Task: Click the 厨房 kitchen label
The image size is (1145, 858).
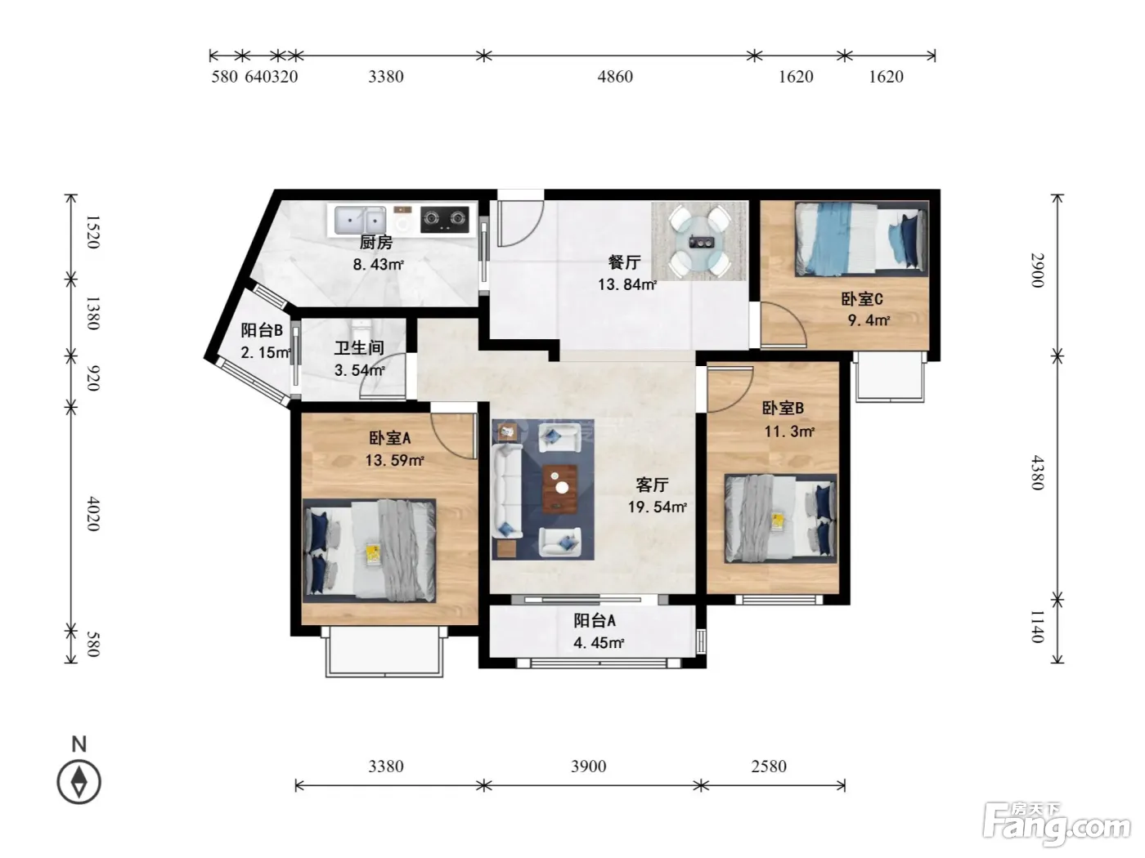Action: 375,242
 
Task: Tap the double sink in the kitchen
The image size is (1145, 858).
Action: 360,221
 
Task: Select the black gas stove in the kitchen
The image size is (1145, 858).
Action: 445,219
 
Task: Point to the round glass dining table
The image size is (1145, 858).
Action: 699,241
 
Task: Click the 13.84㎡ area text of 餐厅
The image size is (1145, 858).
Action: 627,284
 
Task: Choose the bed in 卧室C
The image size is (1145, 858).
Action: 861,239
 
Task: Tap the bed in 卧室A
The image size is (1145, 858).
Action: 370,551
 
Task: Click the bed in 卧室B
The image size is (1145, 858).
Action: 780,518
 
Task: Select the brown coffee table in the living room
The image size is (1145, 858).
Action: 559,489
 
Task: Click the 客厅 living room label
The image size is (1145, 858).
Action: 652,485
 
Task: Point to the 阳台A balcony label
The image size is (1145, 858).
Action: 595,620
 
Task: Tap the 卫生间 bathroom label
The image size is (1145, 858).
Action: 359,348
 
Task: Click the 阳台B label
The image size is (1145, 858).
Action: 262,330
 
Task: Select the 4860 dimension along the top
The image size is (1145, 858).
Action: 615,77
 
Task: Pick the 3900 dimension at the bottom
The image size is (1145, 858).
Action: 588,766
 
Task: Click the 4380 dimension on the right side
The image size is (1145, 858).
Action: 1038,472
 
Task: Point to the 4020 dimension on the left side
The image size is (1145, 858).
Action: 93,514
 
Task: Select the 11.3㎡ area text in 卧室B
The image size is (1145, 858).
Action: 789,431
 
